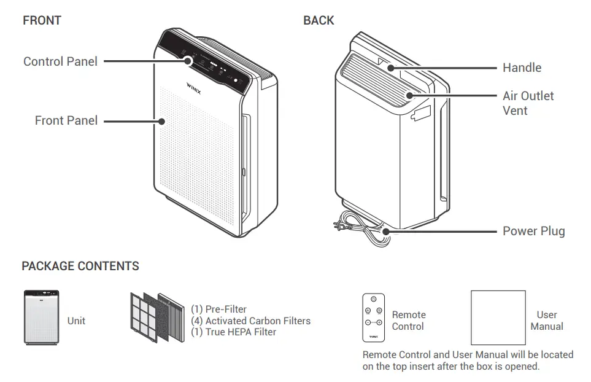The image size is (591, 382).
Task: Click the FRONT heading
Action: pos(42,20)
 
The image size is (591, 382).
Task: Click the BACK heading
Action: pos(319,20)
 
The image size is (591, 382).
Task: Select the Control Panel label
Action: pos(60,61)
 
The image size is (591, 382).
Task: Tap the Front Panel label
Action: pos(66,120)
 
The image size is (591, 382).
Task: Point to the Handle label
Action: pos(522,68)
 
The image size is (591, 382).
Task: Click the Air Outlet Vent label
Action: pos(528,103)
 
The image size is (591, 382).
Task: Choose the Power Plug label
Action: pos(533,232)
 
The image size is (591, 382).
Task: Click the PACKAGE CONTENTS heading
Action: pos(80,266)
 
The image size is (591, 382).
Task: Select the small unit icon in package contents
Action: pos(42,318)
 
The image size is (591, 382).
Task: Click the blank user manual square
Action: pos(498,318)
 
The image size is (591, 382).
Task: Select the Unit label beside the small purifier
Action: pos(76,321)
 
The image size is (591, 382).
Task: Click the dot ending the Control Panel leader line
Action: pos(189,61)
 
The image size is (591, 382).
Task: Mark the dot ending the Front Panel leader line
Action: pos(163,121)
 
